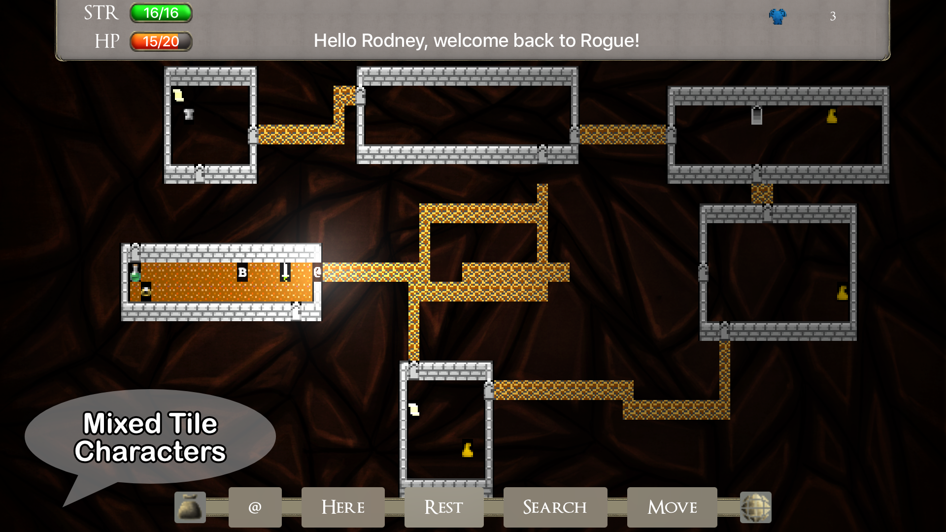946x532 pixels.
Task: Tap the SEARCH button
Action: point(555,507)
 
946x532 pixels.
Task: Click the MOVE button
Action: point(672,507)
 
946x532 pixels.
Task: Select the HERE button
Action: point(343,507)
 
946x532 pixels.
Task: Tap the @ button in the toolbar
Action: point(255,507)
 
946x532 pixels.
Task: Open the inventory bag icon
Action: point(190,507)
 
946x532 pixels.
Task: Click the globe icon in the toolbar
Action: point(756,507)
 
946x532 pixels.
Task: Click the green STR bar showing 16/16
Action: point(161,13)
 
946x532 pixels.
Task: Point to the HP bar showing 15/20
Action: point(161,42)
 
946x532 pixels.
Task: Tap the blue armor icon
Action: point(777,16)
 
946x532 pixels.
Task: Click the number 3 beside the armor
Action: point(833,16)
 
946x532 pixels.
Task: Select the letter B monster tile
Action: point(242,272)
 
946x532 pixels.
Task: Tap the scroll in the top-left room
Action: point(178,95)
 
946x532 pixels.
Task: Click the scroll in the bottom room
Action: point(414,409)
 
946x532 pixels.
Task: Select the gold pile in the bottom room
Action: point(468,450)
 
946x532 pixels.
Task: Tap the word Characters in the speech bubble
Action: point(150,452)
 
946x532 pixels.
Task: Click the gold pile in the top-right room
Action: point(832,116)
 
